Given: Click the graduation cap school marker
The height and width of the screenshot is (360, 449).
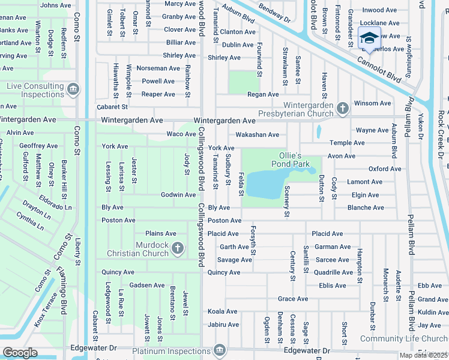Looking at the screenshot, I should pyautogui.click(x=369, y=38).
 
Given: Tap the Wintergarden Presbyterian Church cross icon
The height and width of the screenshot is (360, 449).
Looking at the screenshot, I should pyautogui.click(x=342, y=109).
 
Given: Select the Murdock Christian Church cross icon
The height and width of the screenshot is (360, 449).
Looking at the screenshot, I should pyautogui.click(x=177, y=248).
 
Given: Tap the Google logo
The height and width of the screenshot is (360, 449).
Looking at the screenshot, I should pyautogui.click(x=20, y=353).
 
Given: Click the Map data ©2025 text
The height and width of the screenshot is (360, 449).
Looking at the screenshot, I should pyautogui.click(x=423, y=355).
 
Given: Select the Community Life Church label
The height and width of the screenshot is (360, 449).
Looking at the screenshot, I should pyautogui.click(x=404, y=339).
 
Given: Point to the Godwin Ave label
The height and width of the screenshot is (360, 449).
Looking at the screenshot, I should pyautogui.click(x=178, y=195).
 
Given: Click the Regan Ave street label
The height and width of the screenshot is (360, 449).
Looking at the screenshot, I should pyautogui.click(x=263, y=94).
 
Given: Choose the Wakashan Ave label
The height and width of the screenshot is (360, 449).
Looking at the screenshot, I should pyautogui.click(x=257, y=135).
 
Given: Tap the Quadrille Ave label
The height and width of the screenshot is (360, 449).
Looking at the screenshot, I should pyautogui.click(x=333, y=272).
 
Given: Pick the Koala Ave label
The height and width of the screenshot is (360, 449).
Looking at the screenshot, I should pyautogui.click(x=223, y=311).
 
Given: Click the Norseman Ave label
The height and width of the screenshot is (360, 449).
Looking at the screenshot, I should pyautogui.click(x=158, y=68).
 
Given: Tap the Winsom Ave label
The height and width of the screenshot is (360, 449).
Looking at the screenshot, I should pyautogui.click(x=372, y=103).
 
